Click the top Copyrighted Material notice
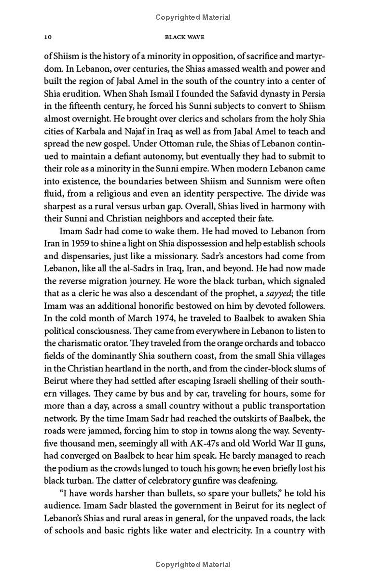[193, 17]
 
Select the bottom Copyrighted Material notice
[193, 565]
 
